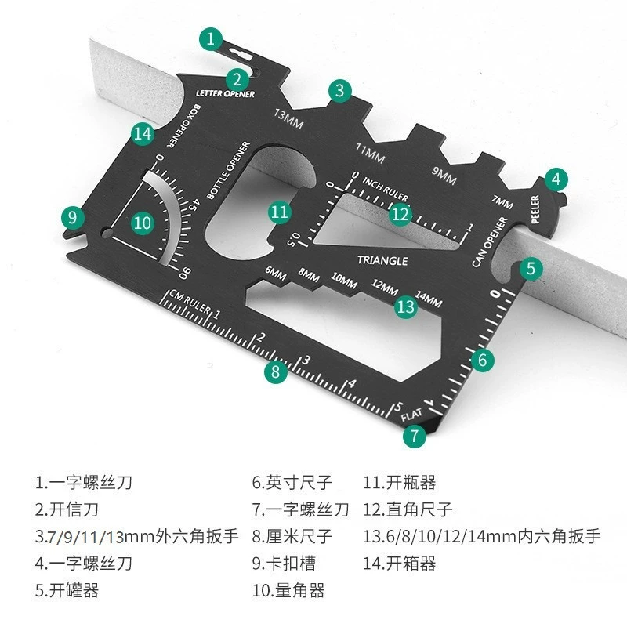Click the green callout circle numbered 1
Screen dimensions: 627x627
click(x=211, y=38)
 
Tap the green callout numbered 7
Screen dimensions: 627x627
click(x=415, y=436)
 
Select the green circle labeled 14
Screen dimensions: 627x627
click(x=143, y=133)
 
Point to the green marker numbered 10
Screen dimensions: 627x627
click(x=143, y=223)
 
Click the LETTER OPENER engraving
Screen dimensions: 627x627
click(x=225, y=93)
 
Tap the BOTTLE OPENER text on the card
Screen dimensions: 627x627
click(x=228, y=170)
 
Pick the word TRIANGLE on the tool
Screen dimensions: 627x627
click(x=382, y=261)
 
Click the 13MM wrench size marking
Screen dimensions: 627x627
click(x=288, y=119)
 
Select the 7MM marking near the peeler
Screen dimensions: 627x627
click(x=502, y=201)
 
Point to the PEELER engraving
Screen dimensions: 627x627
click(x=535, y=209)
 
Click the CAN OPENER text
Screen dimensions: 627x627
click(x=489, y=242)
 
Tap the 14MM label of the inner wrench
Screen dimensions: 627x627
click(x=429, y=299)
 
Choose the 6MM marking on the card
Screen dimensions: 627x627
click(x=276, y=274)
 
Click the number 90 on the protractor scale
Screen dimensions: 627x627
click(x=185, y=273)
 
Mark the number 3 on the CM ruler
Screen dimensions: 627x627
click(x=306, y=361)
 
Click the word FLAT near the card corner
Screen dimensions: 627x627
click(x=411, y=415)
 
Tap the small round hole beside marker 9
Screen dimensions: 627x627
click(x=107, y=233)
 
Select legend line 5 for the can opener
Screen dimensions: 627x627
click(x=67, y=590)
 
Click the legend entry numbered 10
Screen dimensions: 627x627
click(x=288, y=590)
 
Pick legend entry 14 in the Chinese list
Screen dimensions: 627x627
click(x=399, y=564)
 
